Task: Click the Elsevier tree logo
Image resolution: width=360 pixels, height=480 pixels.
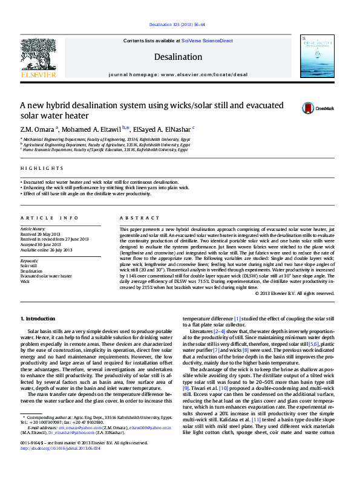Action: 38,55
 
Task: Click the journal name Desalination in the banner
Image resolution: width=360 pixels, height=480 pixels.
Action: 178,57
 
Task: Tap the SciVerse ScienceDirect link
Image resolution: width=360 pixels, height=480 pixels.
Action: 208,41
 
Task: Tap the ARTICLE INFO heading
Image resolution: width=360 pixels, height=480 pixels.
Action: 49,217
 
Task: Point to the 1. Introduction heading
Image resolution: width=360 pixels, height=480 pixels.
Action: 38,318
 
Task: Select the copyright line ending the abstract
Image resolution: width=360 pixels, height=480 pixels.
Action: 295,293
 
